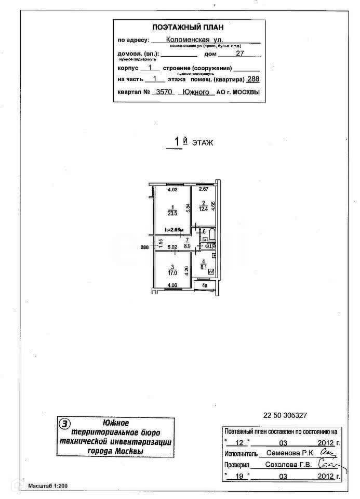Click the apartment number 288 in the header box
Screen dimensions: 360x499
coord(253,79)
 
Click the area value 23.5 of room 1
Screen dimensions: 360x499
coord(168,212)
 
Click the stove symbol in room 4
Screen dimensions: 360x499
coord(211,272)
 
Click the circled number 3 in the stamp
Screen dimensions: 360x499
coord(64,424)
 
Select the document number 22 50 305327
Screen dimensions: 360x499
coord(285,415)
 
